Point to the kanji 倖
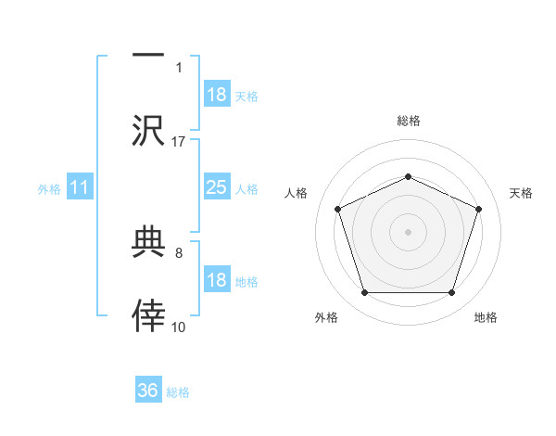[x=148, y=314]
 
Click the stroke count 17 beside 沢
[x=179, y=141]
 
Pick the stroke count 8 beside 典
[x=179, y=252]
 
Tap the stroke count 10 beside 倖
[x=179, y=327]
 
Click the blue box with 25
[x=216, y=187]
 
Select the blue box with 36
[x=148, y=391]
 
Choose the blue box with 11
[x=80, y=188]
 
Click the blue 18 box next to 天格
[x=216, y=95]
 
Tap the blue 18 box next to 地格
[x=216, y=280]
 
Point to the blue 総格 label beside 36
[x=178, y=392]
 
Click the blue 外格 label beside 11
[x=49, y=189]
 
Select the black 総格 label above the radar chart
[x=408, y=121]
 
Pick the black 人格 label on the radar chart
[x=297, y=193]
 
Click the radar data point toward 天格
[x=479, y=209]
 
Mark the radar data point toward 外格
[x=364, y=293]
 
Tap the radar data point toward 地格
[x=451, y=293]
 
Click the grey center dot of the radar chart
[x=408, y=232]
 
